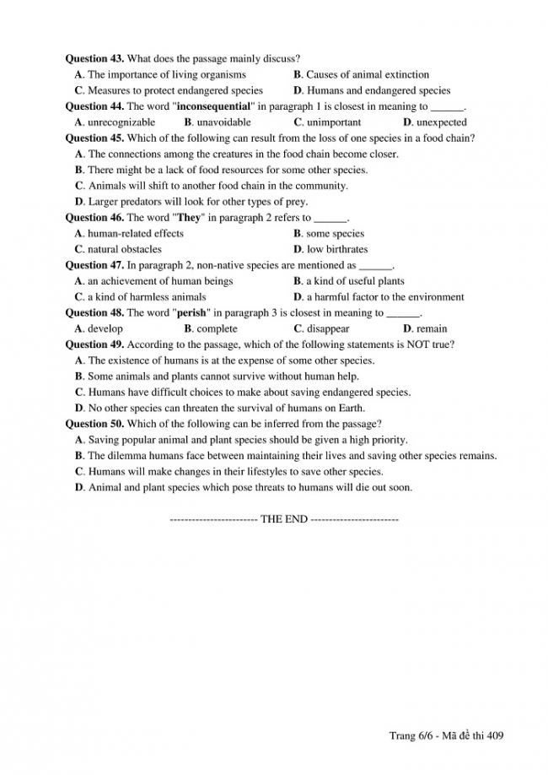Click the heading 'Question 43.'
tap(94, 59)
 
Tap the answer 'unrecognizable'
tap(121, 122)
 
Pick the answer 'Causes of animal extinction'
tap(367, 75)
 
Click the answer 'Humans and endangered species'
tap(378, 91)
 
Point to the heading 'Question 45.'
tap(94, 138)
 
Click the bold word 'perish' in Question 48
tap(191, 313)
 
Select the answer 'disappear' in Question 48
tap(327, 329)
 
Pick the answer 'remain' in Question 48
tap(432, 329)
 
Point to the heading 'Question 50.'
tap(94, 424)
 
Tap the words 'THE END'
tap(284, 519)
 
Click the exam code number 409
tap(495, 736)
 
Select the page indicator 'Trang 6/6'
tap(410, 736)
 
